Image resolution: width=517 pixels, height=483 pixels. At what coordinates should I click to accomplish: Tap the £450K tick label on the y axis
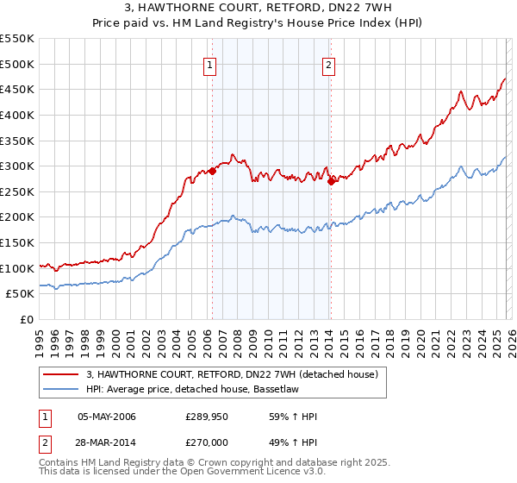pyautogui.click(x=16, y=89)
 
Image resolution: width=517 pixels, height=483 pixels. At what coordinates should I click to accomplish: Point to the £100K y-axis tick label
pyautogui.click(x=16, y=268)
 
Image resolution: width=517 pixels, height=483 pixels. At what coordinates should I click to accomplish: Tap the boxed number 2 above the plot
pyautogui.click(x=329, y=63)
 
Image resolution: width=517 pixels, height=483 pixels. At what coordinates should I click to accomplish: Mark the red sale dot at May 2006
pyautogui.click(x=212, y=171)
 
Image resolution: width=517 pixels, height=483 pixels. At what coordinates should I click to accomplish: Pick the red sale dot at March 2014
pyautogui.click(x=332, y=181)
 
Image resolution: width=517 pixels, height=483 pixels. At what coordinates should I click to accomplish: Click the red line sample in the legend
pyautogui.click(x=60, y=374)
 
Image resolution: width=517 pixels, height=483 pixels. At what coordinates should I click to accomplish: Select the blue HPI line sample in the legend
pyautogui.click(x=60, y=389)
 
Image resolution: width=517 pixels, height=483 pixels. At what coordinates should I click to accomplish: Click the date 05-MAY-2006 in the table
pyautogui.click(x=107, y=417)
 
